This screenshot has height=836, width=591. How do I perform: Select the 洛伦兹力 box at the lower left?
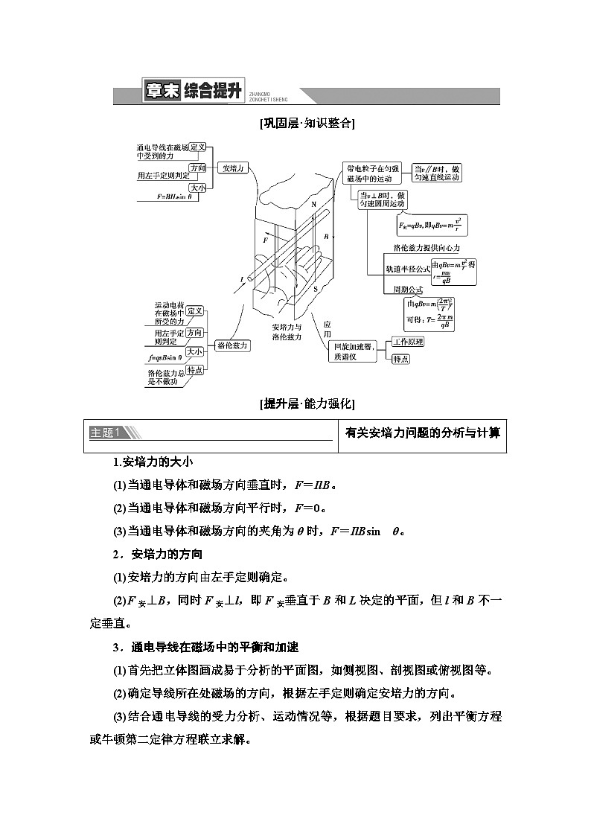point(233,345)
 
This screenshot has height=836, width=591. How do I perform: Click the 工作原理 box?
point(408,342)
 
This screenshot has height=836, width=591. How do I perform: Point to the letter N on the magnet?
point(313,203)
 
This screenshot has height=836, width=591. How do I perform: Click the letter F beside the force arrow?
point(265,241)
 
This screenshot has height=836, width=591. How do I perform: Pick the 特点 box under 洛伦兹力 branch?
point(195,370)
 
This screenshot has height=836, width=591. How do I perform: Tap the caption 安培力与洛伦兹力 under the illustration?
point(287,332)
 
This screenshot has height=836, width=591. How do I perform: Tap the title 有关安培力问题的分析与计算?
point(423,433)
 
